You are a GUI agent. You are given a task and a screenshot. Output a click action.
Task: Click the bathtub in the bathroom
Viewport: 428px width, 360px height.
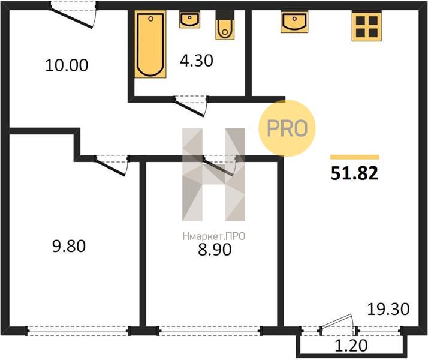pos(150,44)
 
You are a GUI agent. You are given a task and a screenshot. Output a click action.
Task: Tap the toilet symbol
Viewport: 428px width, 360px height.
pos(225,25)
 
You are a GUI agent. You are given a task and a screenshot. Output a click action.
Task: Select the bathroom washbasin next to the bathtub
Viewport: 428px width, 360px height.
pos(189,20)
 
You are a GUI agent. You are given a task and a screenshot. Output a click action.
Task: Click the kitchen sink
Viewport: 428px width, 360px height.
pos(294,22)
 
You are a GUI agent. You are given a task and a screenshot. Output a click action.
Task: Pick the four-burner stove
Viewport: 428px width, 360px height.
pos(367,26)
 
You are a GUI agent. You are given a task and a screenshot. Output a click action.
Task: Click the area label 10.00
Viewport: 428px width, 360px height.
pos(67,65)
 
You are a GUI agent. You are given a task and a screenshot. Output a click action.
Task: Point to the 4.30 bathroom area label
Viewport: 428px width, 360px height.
pos(197,61)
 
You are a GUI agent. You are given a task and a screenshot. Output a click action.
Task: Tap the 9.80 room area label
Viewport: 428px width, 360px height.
pos(69,246)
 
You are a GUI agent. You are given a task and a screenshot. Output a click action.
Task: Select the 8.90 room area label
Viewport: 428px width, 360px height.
pos(215,250)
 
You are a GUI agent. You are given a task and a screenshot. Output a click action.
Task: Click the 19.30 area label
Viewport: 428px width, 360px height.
pos(388,309)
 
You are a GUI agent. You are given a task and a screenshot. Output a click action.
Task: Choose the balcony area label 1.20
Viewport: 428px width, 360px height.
pos(351,346)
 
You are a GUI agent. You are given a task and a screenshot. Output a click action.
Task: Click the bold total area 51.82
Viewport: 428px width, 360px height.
pos(355,173)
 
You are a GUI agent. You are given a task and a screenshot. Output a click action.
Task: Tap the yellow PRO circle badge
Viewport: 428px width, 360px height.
pos(287,128)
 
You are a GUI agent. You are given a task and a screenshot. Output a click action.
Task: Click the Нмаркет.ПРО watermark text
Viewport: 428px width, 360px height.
pos(214,236)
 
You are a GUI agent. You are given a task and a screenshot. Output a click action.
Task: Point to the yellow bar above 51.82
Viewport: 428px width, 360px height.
pos(355,157)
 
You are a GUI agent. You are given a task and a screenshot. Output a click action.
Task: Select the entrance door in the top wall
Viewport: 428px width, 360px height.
pos(73,15)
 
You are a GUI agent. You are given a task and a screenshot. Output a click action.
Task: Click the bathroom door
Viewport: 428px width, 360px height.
pos(191,106)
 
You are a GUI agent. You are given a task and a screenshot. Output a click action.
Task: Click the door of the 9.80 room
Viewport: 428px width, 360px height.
pos(111,165)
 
